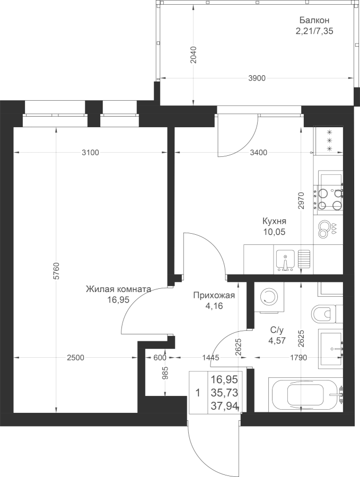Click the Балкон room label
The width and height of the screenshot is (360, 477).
pos(314,20)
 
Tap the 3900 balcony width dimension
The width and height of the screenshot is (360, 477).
pos(257,78)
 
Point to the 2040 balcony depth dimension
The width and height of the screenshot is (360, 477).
pos(194,55)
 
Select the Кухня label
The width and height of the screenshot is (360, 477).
pos(275,221)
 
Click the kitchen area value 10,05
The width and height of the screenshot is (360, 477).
pos(275,232)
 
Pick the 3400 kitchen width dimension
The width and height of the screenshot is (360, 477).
pos(258,153)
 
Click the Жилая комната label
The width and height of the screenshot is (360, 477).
pos(118,289)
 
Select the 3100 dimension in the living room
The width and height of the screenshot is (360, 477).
pos(90,153)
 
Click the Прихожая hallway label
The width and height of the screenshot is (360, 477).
pos(214,295)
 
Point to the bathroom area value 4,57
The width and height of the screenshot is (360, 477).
pos(277,341)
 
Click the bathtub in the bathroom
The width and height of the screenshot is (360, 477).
pos(305,394)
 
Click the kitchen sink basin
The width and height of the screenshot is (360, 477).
pos(285,260)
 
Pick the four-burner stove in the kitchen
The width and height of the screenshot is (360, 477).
pos(330,198)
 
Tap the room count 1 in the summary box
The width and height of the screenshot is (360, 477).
pos(198,393)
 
